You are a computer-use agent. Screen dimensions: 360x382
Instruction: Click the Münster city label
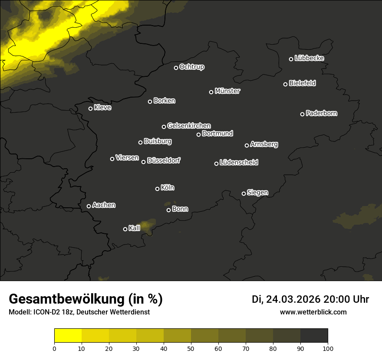227,91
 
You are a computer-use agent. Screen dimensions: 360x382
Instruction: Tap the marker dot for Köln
157,189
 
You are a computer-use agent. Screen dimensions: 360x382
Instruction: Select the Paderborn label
322,113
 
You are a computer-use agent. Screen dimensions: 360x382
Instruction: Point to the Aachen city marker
89,206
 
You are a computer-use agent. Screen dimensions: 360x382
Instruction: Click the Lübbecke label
309,58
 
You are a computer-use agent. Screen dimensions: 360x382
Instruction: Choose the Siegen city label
257,193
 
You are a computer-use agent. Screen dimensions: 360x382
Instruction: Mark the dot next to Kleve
90,108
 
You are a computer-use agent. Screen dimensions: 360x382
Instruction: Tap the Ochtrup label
191,67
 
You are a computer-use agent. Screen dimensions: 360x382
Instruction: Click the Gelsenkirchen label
189,126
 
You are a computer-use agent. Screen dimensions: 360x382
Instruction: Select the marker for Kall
125,229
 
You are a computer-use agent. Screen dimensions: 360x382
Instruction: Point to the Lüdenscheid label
239,163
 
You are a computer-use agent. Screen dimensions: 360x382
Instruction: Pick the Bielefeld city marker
285,84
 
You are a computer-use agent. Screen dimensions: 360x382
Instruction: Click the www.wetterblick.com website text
313,312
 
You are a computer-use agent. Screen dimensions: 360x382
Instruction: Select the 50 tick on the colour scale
191,348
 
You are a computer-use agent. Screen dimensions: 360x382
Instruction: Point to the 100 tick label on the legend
328,348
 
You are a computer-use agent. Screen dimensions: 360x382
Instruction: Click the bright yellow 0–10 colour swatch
68,336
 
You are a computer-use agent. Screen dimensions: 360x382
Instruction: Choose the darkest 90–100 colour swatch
314,336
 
